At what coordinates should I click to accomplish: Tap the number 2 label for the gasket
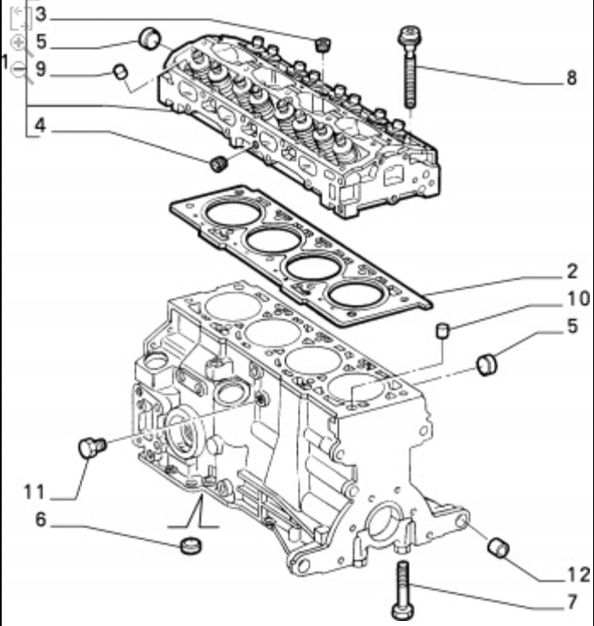(x=573, y=272)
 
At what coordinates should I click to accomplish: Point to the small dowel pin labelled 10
(x=441, y=329)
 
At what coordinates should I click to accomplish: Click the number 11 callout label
(x=35, y=491)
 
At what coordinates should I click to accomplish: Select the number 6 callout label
(x=40, y=519)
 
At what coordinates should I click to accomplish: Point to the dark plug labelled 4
(x=219, y=162)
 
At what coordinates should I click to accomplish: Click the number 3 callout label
(x=40, y=16)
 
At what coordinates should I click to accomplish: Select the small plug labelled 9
(x=120, y=70)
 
